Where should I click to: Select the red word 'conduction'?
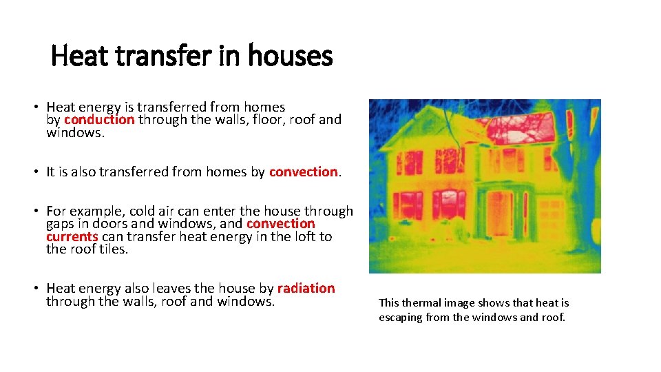pyautogui.click(x=99, y=119)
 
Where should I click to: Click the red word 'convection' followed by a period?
pyautogui.click(x=303, y=172)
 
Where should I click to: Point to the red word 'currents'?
pyautogui.click(x=72, y=236)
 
